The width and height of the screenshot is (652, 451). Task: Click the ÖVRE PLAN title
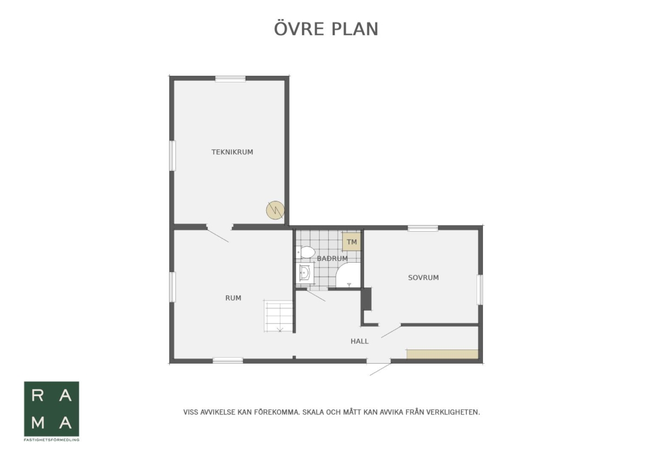[326, 29]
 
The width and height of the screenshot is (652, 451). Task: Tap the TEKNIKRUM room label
[233, 152]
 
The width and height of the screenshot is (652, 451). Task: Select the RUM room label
[233, 298]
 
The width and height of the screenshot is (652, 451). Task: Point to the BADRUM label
[332, 258]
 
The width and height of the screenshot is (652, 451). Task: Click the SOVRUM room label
[423, 278]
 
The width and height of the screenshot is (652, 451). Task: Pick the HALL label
[360, 341]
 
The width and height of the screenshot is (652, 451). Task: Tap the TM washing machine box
[352, 242]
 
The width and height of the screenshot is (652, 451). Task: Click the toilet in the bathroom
[305, 252]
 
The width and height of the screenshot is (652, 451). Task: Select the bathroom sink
[305, 273]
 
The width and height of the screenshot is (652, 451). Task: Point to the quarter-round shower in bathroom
[348, 275]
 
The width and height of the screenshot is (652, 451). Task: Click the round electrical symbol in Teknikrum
[275, 210]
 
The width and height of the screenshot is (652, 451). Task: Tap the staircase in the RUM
[278, 316]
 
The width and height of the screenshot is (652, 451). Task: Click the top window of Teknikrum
[230, 79]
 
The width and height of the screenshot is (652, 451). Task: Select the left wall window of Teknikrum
[173, 156]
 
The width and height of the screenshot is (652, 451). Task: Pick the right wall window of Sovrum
[480, 290]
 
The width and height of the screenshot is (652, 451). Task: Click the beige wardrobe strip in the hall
[442, 354]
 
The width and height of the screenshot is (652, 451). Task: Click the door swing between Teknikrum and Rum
[218, 236]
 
